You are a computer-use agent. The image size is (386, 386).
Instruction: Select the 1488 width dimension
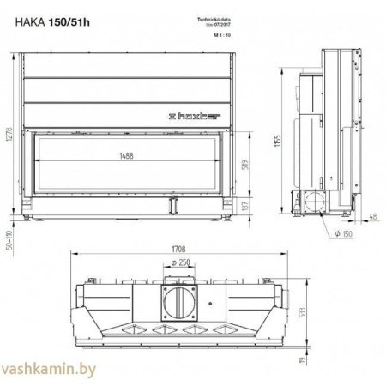pos(130,157)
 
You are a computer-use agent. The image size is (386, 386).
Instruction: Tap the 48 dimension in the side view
pos(372,216)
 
